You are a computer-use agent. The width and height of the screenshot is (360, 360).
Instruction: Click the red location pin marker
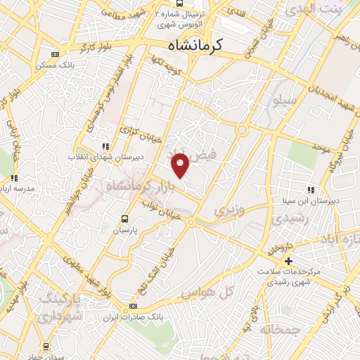(181, 165)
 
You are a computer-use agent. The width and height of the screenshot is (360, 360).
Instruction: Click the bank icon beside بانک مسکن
(56, 54)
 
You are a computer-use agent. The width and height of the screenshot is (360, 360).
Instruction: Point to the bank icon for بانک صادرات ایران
(134, 307)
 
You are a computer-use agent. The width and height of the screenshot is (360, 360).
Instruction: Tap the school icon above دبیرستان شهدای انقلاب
(105, 146)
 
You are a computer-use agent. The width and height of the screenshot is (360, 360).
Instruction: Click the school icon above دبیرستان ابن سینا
(310, 189)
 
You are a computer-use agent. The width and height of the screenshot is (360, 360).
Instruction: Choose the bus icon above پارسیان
(125, 219)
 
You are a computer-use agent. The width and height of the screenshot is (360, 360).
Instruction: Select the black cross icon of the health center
(288, 261)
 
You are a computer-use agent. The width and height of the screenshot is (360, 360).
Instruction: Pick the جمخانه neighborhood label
(279, 329)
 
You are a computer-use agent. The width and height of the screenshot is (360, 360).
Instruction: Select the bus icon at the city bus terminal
(181, 4)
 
